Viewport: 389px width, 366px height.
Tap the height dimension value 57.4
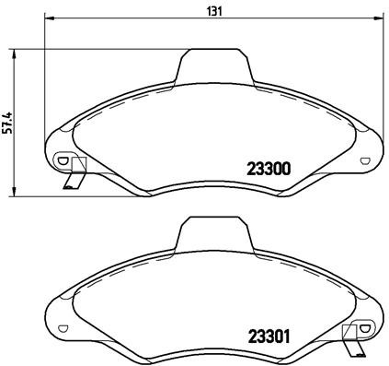pyautogui.click(x=7, y=122)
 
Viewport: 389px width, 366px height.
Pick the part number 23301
pyautogui.click(x=269, y=336)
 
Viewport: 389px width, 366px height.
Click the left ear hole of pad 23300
pyautogui.click(x=62, y=160)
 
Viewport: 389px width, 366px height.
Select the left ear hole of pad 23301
pyautogui.click(x=62, y=327)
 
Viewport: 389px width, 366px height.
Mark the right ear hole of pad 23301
pyautogui.click(x=367, y=327)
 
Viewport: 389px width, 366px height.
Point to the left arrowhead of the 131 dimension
pyautogui.click(x=49, y=18)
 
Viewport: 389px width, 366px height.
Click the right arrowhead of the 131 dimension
pyautogui.click(x=380, y=18)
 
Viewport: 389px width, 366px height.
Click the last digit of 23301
pyautogui.click(x=288, y=336)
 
